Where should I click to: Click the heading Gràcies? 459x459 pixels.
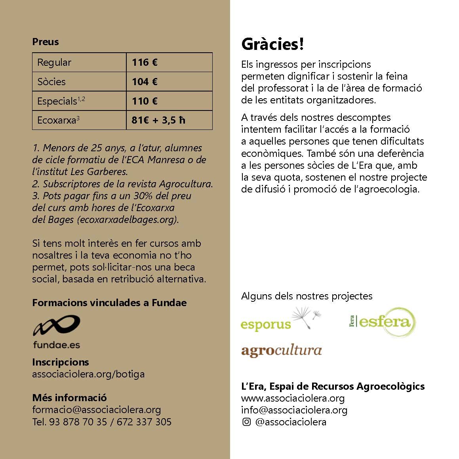point(272,44)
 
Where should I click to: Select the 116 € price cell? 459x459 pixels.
point(145,62)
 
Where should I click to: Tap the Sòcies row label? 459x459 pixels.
point(51,82)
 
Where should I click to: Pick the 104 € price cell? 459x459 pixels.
point(145,82)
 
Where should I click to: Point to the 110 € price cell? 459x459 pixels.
point(145,101)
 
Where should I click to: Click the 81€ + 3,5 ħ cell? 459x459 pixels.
point(158,120)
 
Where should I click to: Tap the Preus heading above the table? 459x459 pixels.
point(46,42)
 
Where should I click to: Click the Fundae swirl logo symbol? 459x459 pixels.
point(56,326)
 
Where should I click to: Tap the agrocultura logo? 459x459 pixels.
point(281,350)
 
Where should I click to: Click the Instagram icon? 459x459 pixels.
point(246,422)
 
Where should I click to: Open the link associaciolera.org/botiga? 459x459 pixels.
point(88,374)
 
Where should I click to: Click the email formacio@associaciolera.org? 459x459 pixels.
point(97,409)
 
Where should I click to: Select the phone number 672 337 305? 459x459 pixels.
point(144,422)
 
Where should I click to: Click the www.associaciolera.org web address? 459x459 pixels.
point(293,398)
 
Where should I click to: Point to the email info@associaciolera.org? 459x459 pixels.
point(294,410)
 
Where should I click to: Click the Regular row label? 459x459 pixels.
point(54,62)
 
